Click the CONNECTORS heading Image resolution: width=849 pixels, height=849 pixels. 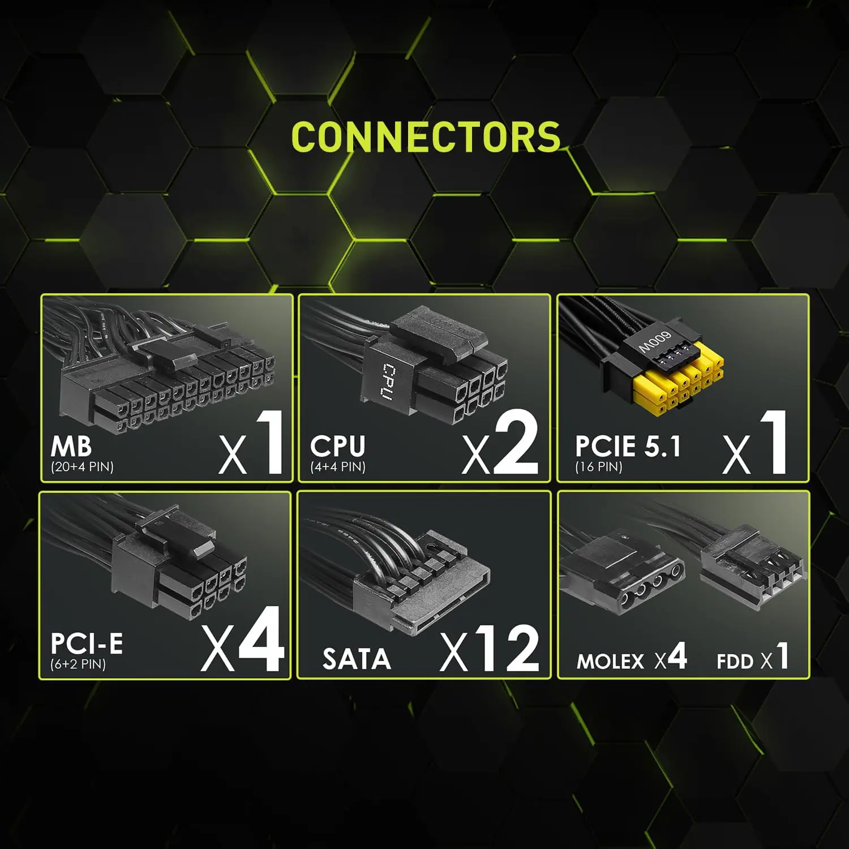pyautogui.click(x=426, y=137)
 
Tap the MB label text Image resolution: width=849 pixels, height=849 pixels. pyautogui.click(x=71, y=447)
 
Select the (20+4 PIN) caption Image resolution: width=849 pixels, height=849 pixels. pyautogui.click(x=82, y=467)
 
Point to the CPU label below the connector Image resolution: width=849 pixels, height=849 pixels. pyautogui.click(x=337, y=447)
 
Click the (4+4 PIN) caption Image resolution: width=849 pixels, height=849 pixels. pyautogui.click(x=338, y=467)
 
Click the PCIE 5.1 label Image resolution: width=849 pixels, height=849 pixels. pyautogui.click(x=628, y=447)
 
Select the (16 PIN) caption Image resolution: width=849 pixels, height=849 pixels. pyautogui.click(x=599, y=467)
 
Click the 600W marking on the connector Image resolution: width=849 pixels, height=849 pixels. pyautogui.click(x=654, y=342)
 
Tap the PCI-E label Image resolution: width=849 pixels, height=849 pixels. pyautogui.click(x=87, y=644)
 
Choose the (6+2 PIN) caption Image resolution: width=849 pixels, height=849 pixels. pyautogui.click(x=78, y=664)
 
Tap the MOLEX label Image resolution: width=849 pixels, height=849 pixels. pyautogui.click(x=610, y=662)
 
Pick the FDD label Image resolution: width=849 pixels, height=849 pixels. pyautogui.click(x=735, y=662)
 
